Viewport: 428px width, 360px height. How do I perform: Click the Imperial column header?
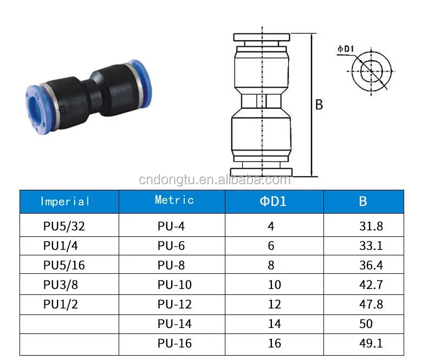click(x=64, y=202)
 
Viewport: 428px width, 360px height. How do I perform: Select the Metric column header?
click(x=174, y=200)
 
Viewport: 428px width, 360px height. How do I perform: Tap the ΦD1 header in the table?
click(x=273, y=201)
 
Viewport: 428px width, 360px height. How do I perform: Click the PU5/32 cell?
click(x=64, y=226)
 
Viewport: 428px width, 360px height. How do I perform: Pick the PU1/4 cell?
click(x=61, y=246)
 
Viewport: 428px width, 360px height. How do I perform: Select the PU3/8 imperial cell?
click(x=61, y=285)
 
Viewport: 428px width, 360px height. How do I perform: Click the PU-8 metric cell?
click(x=171, y=265)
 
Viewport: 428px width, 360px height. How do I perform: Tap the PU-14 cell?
click(x=174, y=324)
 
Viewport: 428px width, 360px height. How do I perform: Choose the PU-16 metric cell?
click(x=174, y=343)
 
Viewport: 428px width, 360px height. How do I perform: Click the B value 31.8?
click(x=371, y=226)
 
